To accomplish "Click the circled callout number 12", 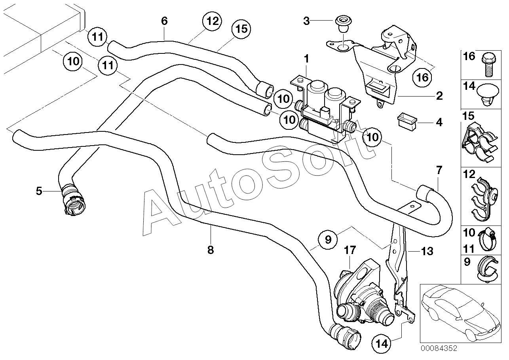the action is coord(212,21).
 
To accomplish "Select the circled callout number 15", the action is coord(241,29).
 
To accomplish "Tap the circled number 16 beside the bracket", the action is coord(422,78).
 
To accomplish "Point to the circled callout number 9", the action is coord(328,239).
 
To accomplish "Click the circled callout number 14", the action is coord(382,344).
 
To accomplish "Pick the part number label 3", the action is coord(306,21).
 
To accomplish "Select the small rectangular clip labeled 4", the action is coord(407,123).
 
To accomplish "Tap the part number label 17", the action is coord(350,250).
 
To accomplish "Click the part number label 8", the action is coord(211,250).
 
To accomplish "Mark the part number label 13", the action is coord(427,252).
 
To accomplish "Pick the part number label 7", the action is coord(439,170).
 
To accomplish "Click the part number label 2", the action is coord(439,96).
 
